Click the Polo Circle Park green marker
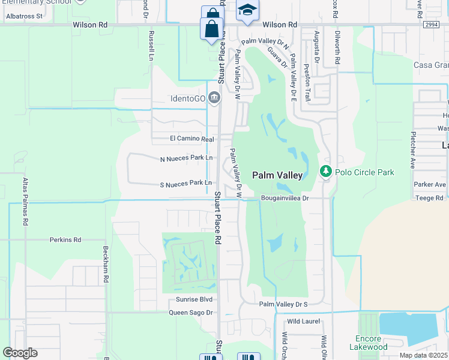[326, 172]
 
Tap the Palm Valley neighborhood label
[277, 175]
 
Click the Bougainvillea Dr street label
[285, 197]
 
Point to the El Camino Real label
[191, 139]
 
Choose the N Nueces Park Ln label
[186, 158]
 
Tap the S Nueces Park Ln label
[186, 182]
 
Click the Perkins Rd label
[65, 239]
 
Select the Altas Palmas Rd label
[25, 201]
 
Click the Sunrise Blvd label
[194, 299]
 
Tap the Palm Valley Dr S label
[283, 304]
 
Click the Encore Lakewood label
[369, 343]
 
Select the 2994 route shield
[431, 25]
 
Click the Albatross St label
[22, 16]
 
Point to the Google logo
[20, 353]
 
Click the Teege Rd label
[429, 197]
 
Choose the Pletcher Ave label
[413, 149]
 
